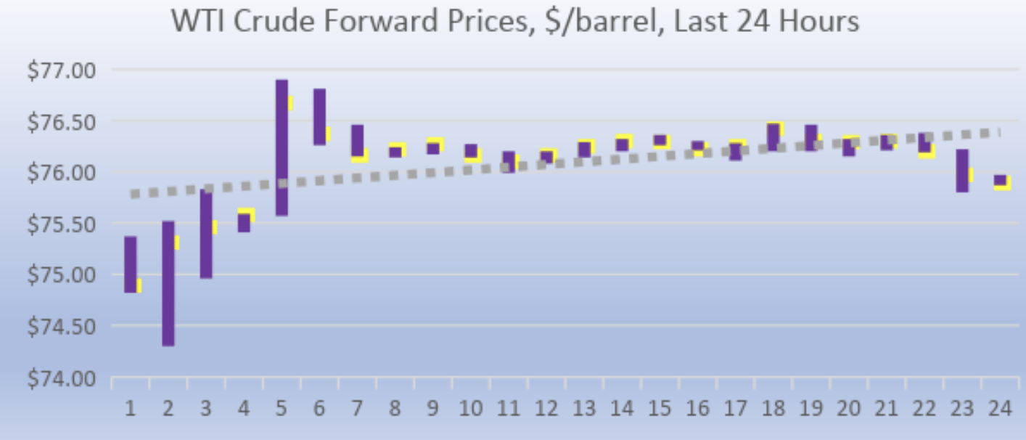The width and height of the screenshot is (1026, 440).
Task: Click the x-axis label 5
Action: click(282, 409)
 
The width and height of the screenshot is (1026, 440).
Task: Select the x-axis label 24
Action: click(1000, 409)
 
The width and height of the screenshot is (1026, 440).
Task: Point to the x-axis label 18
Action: click(773, 409)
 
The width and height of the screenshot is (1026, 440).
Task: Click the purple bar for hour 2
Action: click(168, 283)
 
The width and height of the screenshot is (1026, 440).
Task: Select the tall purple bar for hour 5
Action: click(282, 147)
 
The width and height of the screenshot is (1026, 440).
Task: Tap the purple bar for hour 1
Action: click(131, 264)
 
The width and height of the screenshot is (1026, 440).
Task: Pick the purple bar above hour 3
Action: click(206, 234)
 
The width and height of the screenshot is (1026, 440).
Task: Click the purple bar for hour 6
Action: click(319, 117)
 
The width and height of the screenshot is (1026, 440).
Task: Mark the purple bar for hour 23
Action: click(962, 171)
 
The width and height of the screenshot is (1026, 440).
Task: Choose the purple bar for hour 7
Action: click(357, 140)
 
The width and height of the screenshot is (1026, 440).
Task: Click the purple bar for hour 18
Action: click(773, 137)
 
